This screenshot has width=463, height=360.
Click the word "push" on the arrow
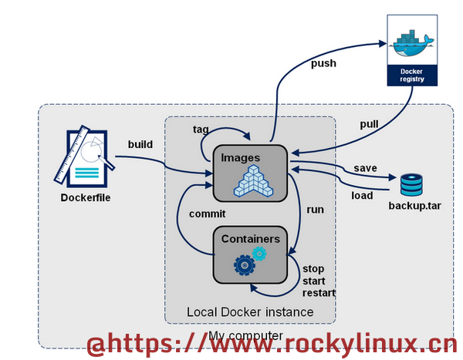[323, 63]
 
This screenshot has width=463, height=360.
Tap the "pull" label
[369, 124]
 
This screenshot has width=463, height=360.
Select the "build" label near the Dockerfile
[140, 144]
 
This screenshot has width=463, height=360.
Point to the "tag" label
[201, 130]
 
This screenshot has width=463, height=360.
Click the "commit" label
[208, 214]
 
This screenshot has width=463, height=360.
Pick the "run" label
[315, 210]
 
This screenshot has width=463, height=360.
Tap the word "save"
[365, 168]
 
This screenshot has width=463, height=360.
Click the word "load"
[362, 195]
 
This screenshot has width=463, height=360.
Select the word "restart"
[319, 293]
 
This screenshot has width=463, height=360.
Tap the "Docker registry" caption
[412, 76]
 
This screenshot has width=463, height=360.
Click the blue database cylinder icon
[411, 185]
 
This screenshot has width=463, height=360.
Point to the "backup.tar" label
[414, 206]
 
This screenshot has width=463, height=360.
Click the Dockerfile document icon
[85, 156]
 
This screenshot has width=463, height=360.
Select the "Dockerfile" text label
[86, 197]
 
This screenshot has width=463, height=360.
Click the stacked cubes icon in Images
[253, 181]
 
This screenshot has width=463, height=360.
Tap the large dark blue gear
[244, 265]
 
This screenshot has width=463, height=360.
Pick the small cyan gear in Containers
[259, 254]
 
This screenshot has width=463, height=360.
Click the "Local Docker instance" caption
[250, 312]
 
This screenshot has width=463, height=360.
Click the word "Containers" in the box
[250, 239]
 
